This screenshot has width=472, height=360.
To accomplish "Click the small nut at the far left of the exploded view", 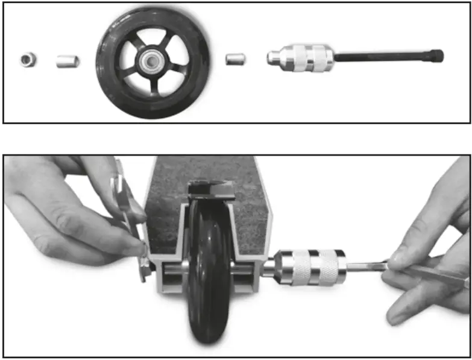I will click(27, 60).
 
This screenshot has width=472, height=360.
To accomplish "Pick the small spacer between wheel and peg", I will click(234, 59).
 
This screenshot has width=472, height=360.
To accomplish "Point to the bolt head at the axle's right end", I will click(437, 55).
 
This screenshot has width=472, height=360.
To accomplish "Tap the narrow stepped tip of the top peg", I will click(272, 58).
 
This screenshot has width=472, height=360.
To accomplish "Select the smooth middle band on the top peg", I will click(301, 57).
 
